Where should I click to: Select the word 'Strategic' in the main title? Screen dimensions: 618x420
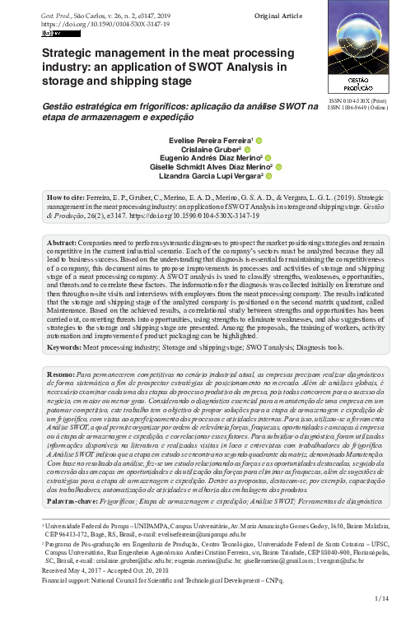point(68,53)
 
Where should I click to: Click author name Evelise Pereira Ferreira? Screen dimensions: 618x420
point(211,142)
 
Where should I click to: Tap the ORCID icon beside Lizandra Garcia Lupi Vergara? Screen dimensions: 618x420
point(269,176)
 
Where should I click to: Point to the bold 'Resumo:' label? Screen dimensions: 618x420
point(62,374)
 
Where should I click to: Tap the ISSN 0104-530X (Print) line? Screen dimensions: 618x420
point(356,100)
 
